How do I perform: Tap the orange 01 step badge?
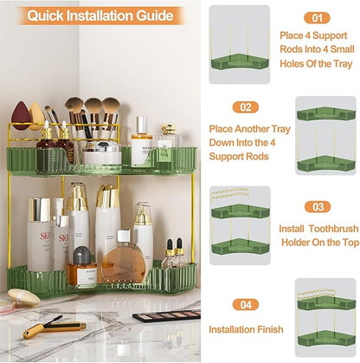tap(317, 17)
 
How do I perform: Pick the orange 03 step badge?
tap(318, 208)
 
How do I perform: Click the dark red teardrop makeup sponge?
tap(22, 115)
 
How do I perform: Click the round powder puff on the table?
tap(24, 298)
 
